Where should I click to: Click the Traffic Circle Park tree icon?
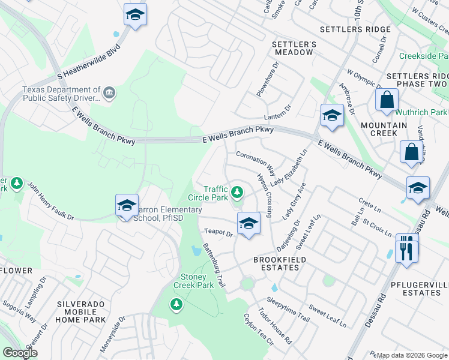[238, 192]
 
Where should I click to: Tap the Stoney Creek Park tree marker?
[176, 305]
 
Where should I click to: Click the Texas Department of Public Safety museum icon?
[109, 92]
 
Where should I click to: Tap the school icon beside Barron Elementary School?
[127, 206]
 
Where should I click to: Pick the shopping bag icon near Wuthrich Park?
[387, 100]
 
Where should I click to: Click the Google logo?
[20, 353]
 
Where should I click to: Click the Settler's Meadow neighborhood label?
[294, 48]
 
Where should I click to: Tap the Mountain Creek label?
[384, 129]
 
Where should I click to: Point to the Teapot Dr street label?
[218, 232]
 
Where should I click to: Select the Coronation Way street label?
[256, 163]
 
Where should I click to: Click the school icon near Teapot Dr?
[248, 223]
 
